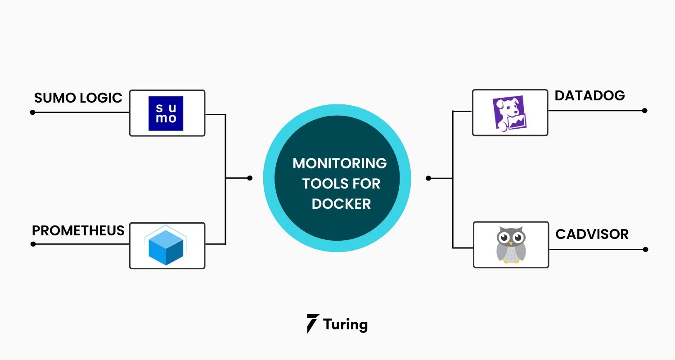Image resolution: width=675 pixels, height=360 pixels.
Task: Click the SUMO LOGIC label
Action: tap(78, 98)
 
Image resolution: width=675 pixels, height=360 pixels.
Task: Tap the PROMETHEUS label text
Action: tap(78, 231)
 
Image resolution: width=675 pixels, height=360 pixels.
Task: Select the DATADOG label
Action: tap(589, 96)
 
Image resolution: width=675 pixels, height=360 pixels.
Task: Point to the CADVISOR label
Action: tap(592, 234)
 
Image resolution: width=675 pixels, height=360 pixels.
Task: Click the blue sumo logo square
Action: tap(166, 113)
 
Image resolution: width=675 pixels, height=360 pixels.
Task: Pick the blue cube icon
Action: tap(166, 247)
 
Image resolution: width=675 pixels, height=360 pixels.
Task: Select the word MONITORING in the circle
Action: tap(340, 163)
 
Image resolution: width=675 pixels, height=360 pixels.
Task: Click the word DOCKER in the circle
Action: tap(341, 203)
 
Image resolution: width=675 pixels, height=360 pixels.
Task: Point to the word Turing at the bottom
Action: tap(345, 324)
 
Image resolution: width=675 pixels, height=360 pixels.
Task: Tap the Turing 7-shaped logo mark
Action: tap(313, 324)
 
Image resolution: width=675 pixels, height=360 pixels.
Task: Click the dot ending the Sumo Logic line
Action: tap(32, 112)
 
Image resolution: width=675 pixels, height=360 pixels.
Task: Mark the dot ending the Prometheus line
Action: tap(32, 244)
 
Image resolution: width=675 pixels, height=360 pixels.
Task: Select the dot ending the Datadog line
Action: tap(645, 111)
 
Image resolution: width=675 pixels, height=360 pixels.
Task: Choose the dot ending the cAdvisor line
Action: tap(645, 249)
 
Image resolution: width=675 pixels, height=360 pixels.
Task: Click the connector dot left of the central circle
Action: tap(250, 178)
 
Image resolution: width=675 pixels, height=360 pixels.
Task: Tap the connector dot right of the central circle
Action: tap(428, 178)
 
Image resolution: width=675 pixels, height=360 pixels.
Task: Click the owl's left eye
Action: tap(504, 237)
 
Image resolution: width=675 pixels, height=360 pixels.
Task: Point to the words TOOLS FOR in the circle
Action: tap(341, 184)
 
